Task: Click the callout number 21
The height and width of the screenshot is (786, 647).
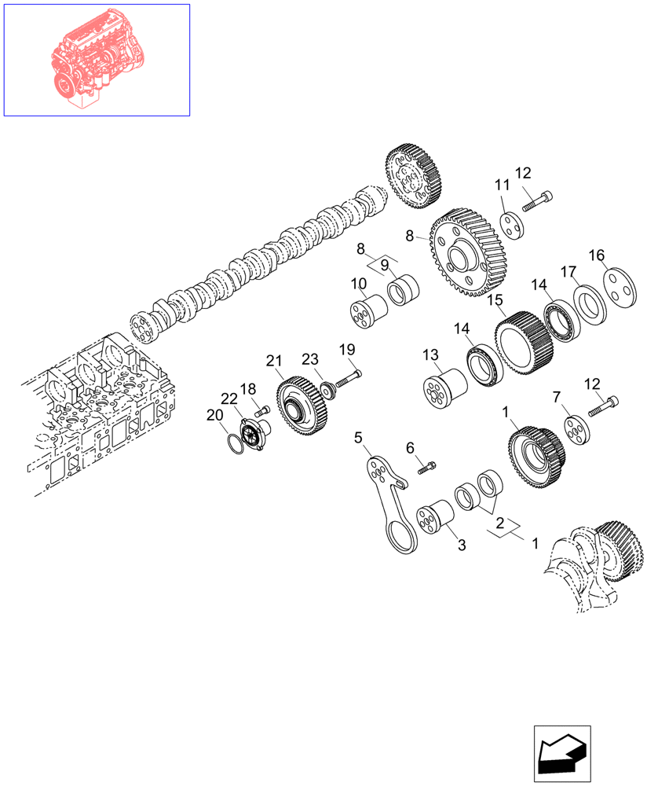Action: pyautogui.click(x=273, y=361)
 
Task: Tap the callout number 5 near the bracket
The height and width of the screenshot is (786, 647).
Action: pyautogui.click(x=358, y=436)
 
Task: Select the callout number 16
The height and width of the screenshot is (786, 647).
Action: pyautogui.click(x=597, y=255)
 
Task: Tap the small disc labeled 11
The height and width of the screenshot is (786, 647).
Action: pyautogui.click(x=514, y=222)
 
